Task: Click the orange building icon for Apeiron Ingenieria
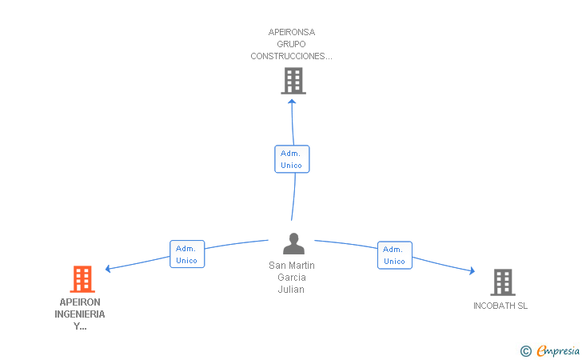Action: pos(82,279)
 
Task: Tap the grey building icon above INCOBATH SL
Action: pos(502,282)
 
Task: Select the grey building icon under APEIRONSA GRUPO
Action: pos(293,81)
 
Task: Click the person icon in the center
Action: pos(293,243)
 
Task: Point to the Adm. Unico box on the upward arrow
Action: pos(291,158)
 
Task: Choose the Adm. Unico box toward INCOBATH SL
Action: pos(394,255)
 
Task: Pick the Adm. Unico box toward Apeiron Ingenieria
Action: pos(186,254)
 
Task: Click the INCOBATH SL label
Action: pos(500,306)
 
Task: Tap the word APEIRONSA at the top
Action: pos(291,33)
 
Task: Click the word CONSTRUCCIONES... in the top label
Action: pos(291,56)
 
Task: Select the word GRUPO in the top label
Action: pos(291,44)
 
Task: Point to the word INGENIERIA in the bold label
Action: pos(80,314)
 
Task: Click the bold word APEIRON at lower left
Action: pos(80,302)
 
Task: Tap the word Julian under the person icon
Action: pos(291,290)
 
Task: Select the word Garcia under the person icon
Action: pos(291,278)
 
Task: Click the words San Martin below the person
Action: pos(291,266)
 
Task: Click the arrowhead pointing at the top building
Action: pos(292,102)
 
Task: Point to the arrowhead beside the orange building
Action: pos(109,269)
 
